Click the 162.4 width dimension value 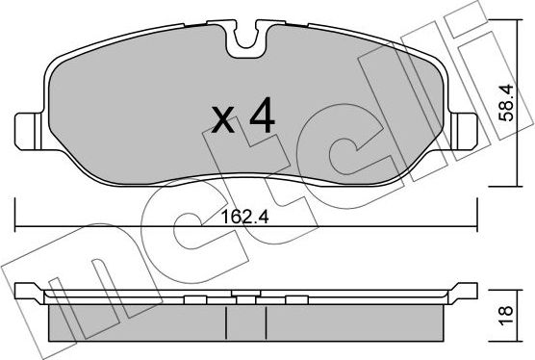[x=245, y=217]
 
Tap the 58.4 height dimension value [x=506, y=103]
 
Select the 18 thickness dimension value [x=506, y=316]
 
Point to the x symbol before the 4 [x=223, y=119]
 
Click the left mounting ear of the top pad [x=28, y=131]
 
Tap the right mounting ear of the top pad [x=464, y=131]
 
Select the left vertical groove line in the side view [x=226, y=323]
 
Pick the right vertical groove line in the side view [x=267, y=323]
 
